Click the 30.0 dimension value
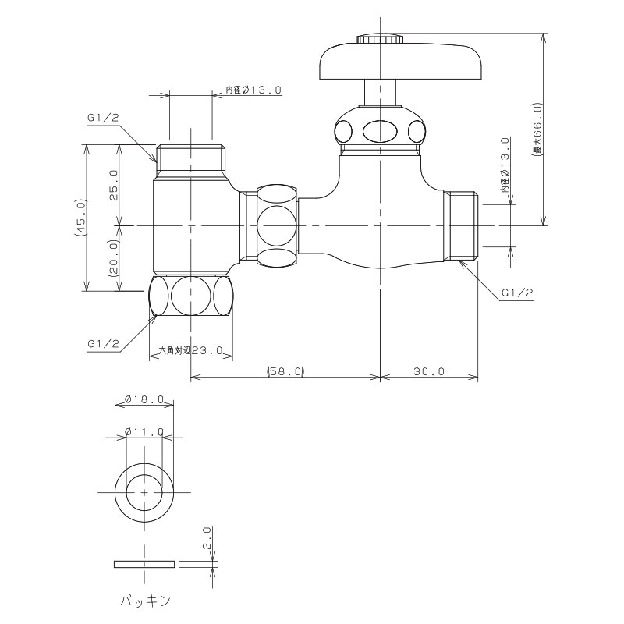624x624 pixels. [428, 371]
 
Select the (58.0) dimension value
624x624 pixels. [285, 371]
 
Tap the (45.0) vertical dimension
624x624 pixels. [80, 218]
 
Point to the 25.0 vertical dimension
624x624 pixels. [113, 185]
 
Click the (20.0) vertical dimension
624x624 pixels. [113, 258]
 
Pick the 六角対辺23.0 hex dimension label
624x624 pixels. [190, 350]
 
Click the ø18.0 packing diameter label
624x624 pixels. [144, 399]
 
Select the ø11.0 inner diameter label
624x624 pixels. [144, 431]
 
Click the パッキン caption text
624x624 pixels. [146, 601]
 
